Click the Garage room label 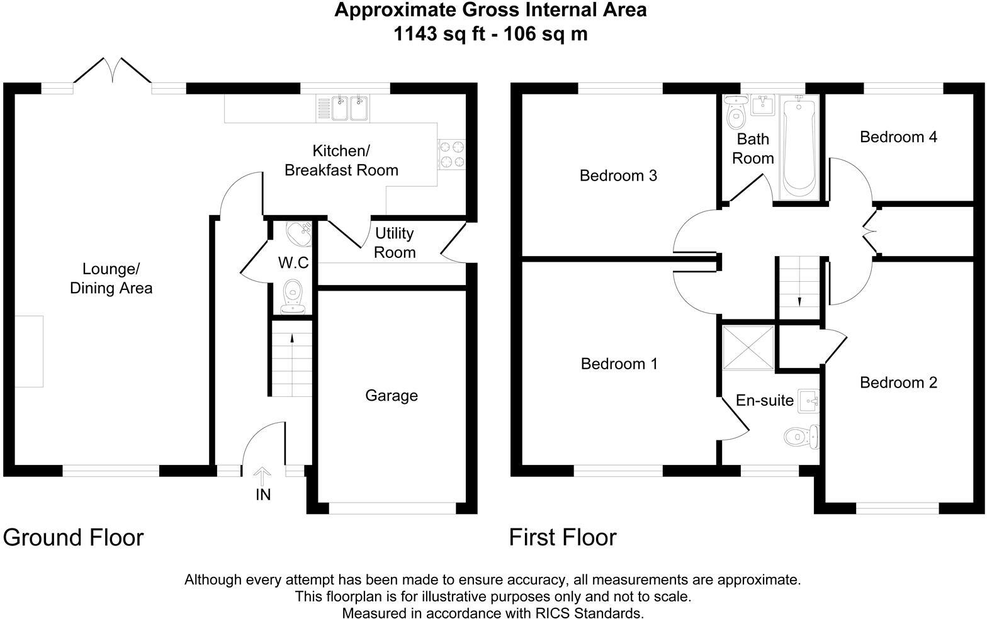click(391, 396)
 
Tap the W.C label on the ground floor click(293, 262)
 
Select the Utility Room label click(395, 243)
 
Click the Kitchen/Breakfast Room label click(341, 160)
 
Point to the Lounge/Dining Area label click(111, 279)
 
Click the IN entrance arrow click(263, 477)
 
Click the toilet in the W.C click(293, 296)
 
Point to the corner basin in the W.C click(298, 233)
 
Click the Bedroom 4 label click(898, 137)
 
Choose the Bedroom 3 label click(618, 176)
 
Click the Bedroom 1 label click(619, 364)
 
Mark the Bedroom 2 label click(898, 382)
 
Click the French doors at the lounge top click(112, 70)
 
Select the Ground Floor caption click(74, 538)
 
